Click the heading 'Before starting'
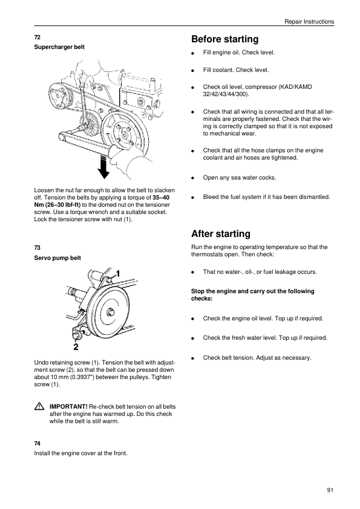pyautogui.click(x=225, y=39)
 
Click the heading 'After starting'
pyautogui.click(x=221, y=234)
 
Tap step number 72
pyautogui.click(x=37, y=37)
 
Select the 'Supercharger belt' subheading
pyautogui.click(x=59, y=47)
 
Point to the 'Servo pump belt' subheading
pyautogui.click(x=57, y=258)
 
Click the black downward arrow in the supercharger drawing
pyautogui.click(x=103, y=167)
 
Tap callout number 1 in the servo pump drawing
pyautogui.click(x=118, y=274)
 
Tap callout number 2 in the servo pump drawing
pyautogui.click(x=76, y=347)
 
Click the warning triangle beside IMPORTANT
pyautogui.click(x=39, y=406)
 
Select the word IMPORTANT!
pyautogui.click(x=68, y=407)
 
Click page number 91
pyautogui.click(x=330, y=490)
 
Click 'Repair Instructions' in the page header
pyautogui.click(x=309, y=22)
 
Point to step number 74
pyautogui.click(x=37, y=444)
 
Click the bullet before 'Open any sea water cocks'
pyautogui.click(x=192, y=178)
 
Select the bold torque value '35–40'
pyautogui.click(x=161, y=197)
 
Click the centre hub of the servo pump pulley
pyautogui.click(x=111, y=313)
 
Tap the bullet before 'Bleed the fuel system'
pyautogui.click(x=192, y=197)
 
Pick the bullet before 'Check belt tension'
pyautogui.click(x=192, y=358)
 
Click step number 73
pyautogui.click(x=37, y=248)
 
